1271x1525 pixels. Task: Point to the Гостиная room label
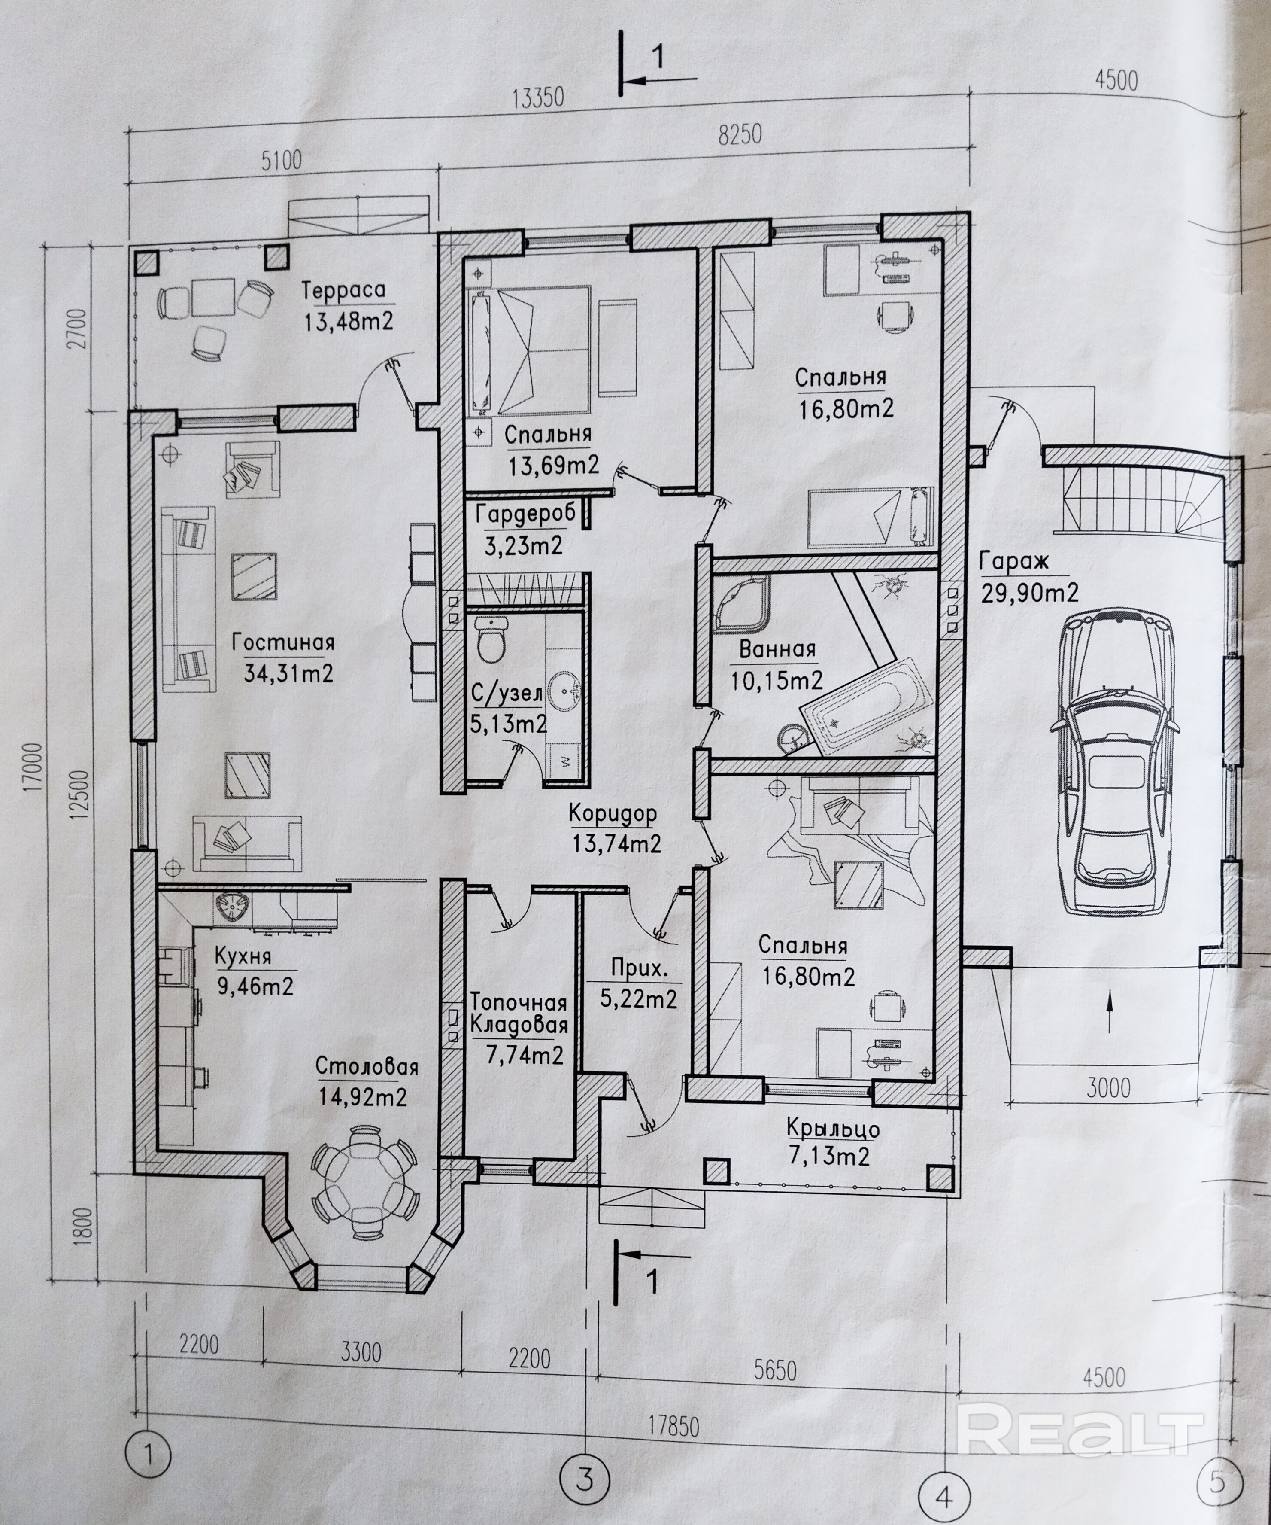[283, 642]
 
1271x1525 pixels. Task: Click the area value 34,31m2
[288, 673]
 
